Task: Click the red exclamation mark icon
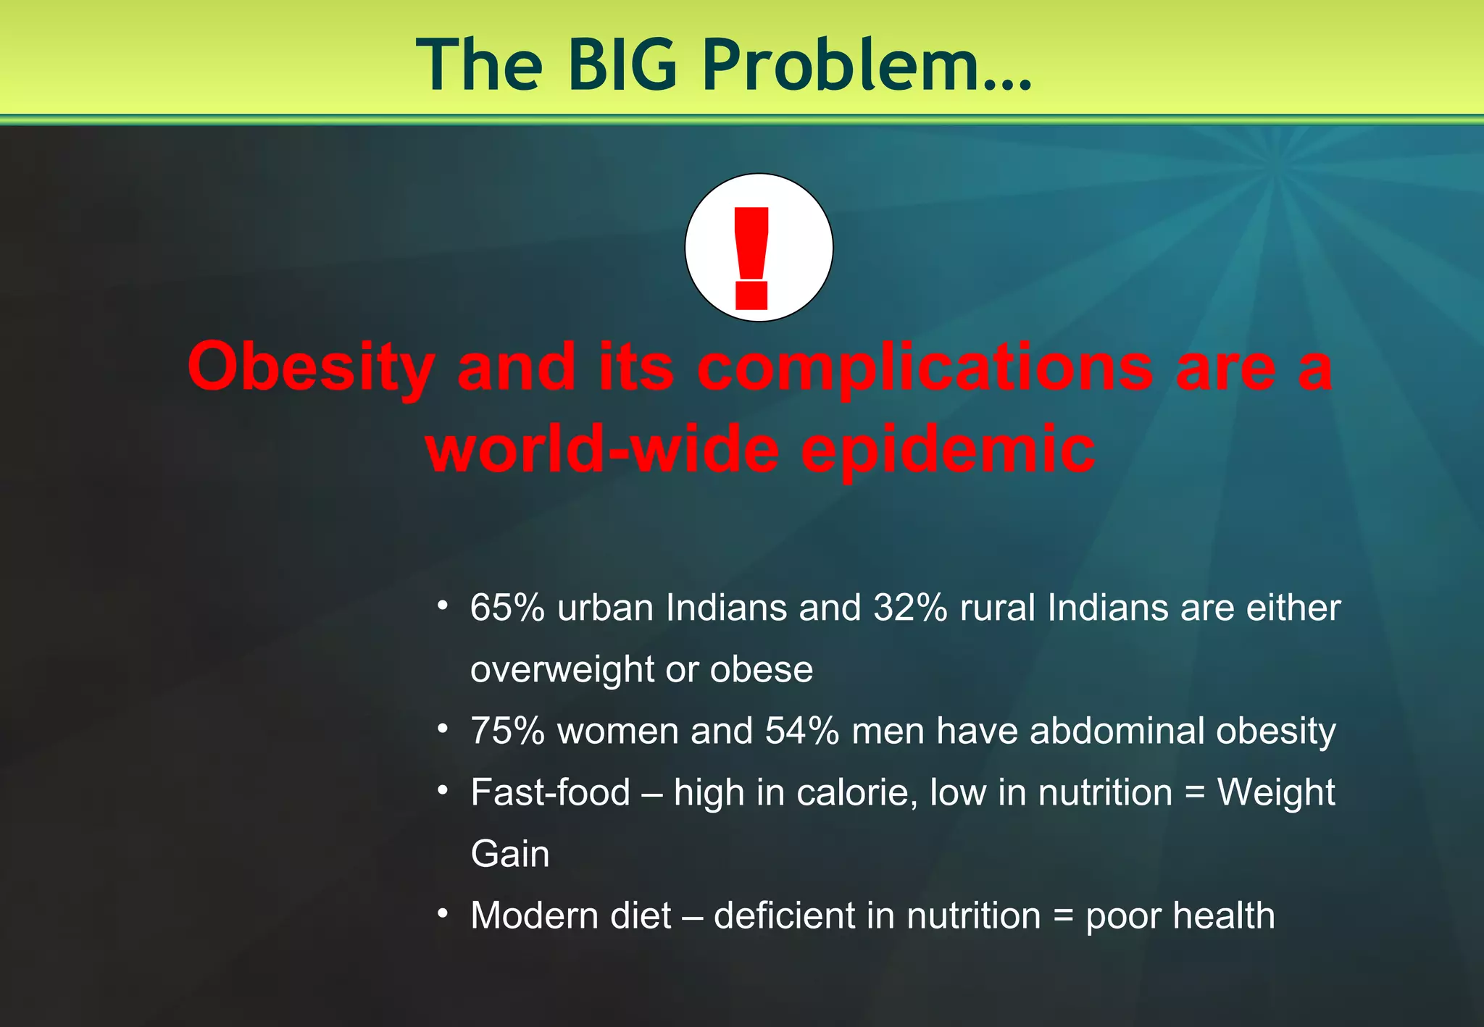(x=751, y=257)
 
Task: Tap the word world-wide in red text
(x=602, y=449)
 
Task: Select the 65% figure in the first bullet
(x=507, y=607)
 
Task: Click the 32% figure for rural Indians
(x=909, y=607)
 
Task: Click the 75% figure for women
(x=507, y=731)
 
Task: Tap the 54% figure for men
(x=801, y=731)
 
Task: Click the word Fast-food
(x=550, y=792)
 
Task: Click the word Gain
(x=509, y=854)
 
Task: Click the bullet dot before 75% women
(x=443, y=727)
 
